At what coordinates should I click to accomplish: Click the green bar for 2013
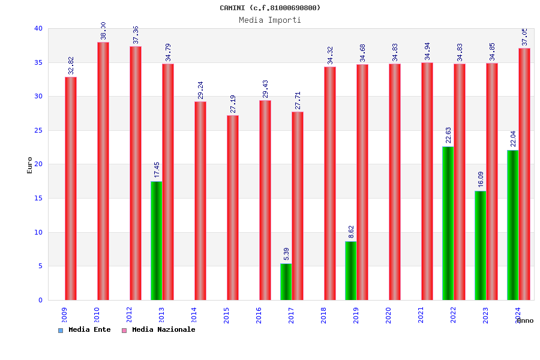tap(156, 241)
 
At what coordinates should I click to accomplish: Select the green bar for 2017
tap(286, 281)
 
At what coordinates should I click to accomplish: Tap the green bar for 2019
tap(350, 271)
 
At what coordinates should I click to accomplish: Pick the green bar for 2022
tap(448, 223)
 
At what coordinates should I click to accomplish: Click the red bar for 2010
tap(103, 171)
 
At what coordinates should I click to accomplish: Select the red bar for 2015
tap(233, 208)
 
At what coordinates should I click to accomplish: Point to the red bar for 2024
tap(524, 174)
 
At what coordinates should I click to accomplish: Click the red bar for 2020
tap(395, 182)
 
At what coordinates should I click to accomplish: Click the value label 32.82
tap(71, 65)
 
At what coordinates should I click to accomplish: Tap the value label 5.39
tap(287, 254)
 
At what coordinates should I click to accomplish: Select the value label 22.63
tap(449, 136)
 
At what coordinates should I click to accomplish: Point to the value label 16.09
tap(481, 179)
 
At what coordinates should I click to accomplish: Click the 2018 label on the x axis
tap(324, 315)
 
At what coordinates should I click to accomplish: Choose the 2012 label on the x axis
tap(130, 315)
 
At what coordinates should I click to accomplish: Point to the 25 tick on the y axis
tap(38, 130)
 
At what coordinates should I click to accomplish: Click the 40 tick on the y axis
tap(38, 28)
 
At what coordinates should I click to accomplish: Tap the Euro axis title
tap(30, 165)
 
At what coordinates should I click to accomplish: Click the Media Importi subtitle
tap(270, 20)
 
